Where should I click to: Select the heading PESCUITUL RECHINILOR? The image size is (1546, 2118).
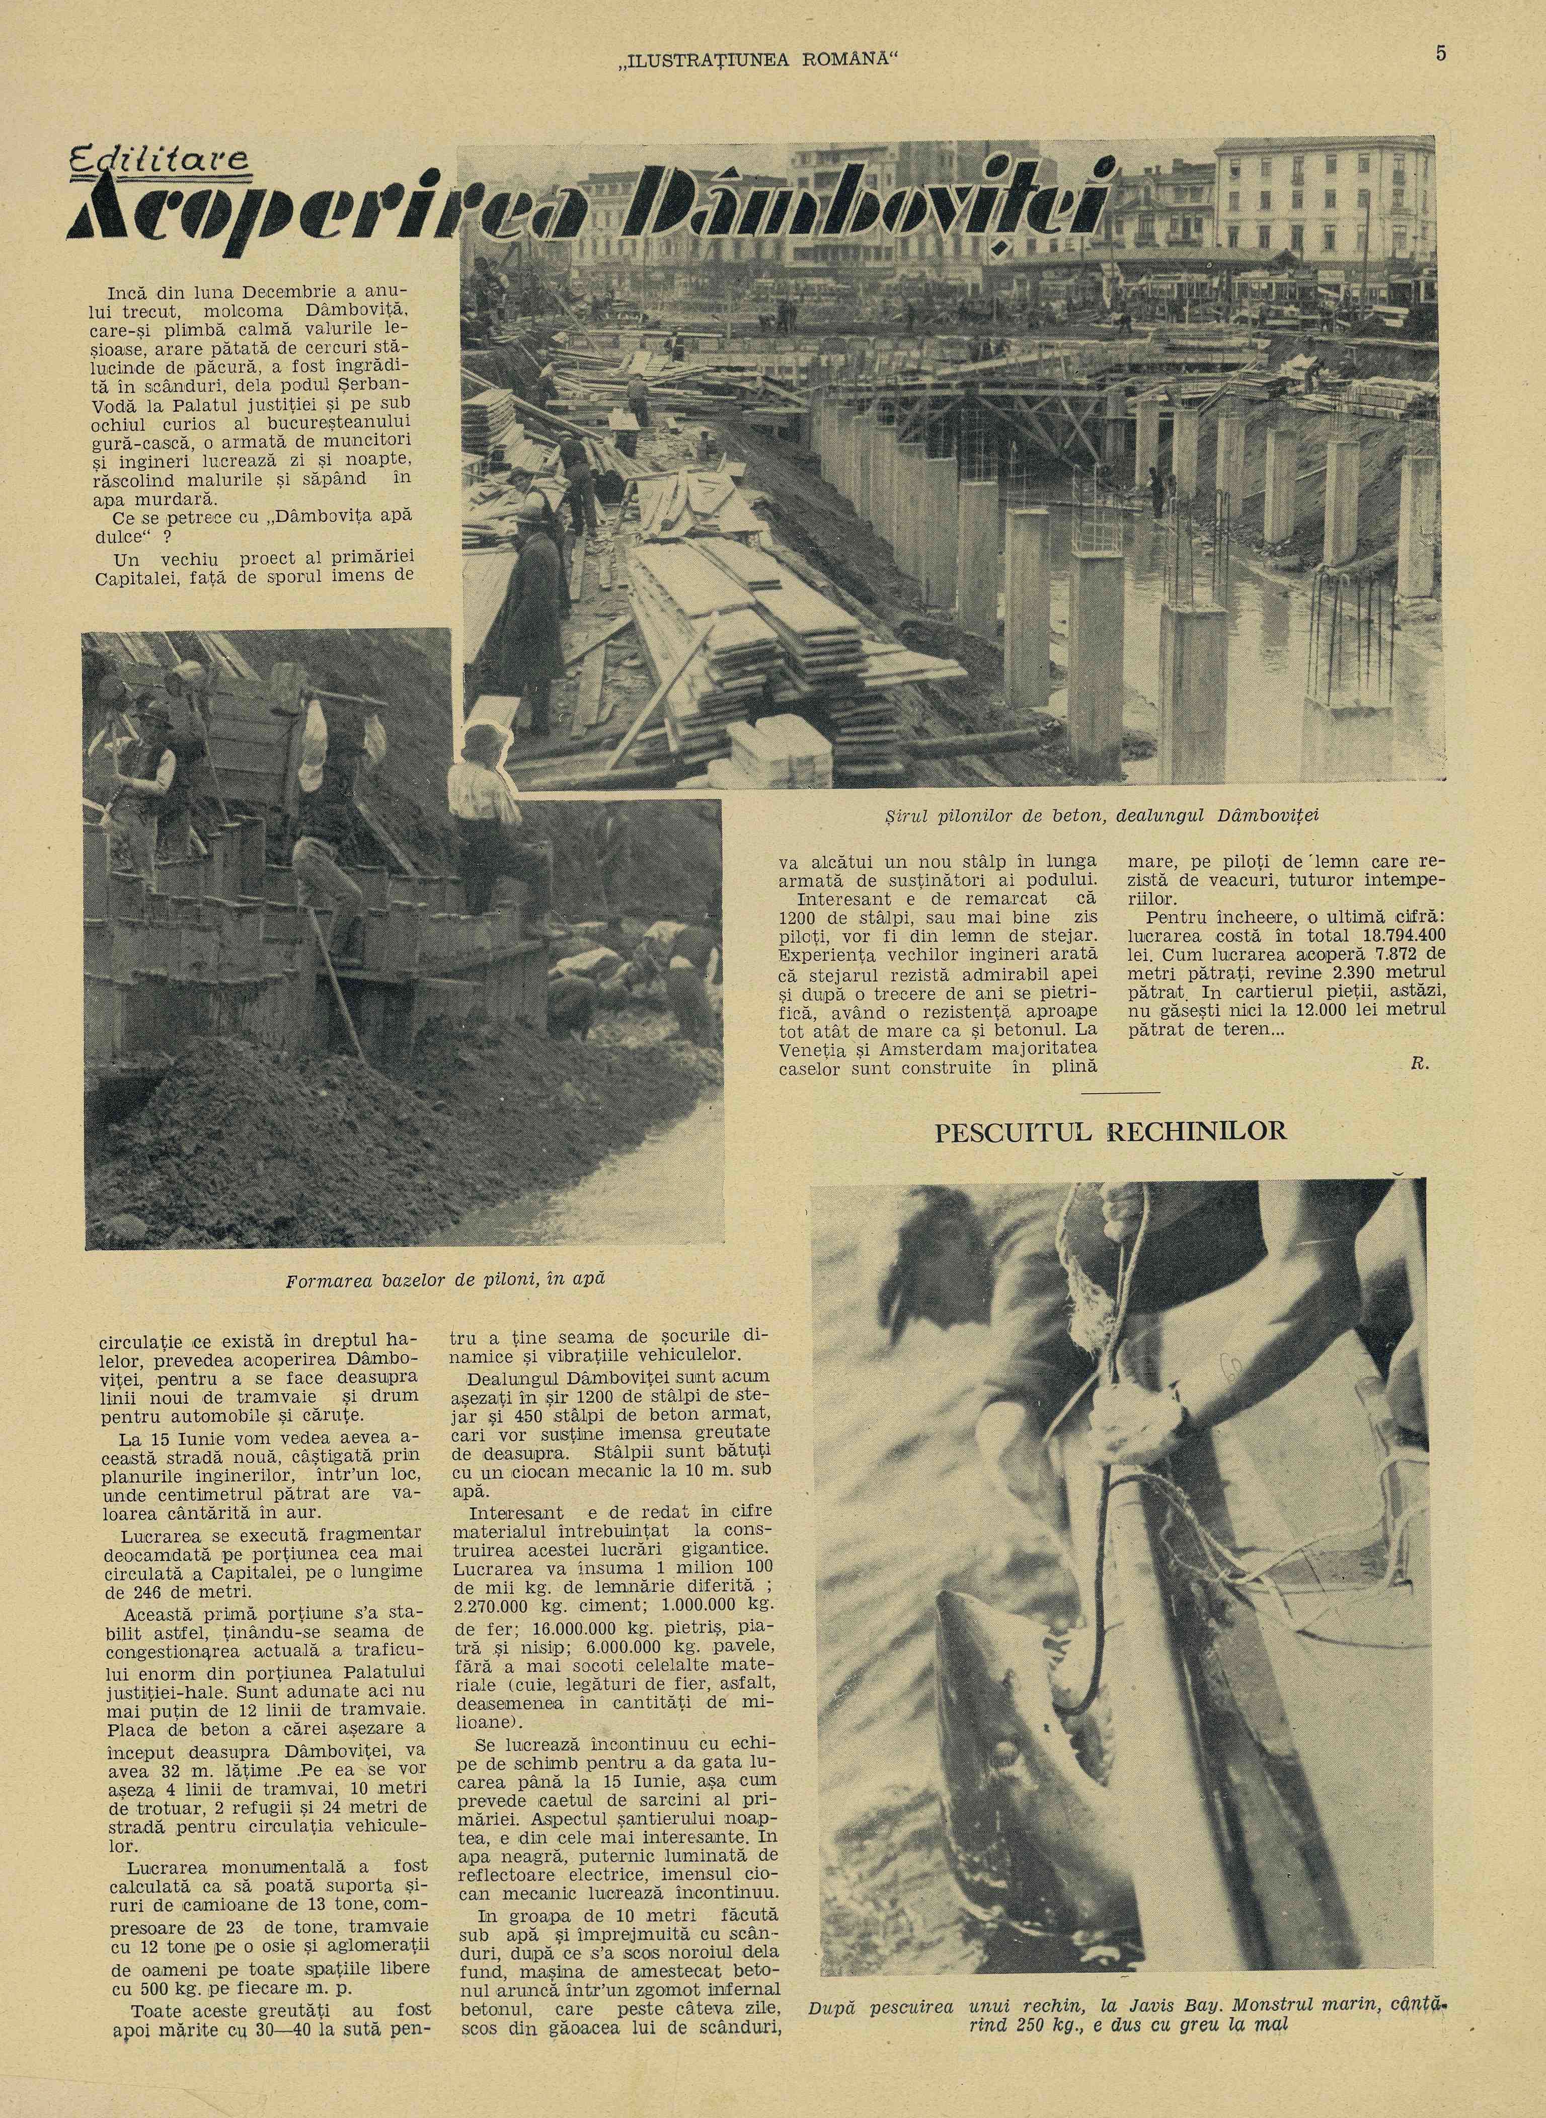pos(1111,1130)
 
